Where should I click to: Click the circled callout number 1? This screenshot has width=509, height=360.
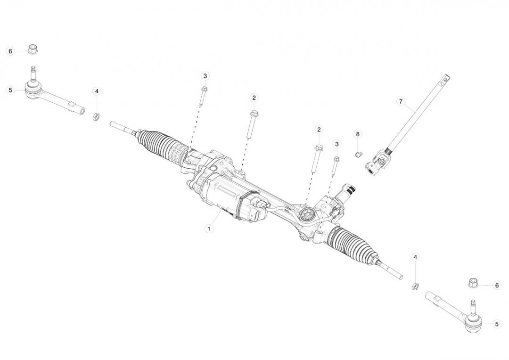209,229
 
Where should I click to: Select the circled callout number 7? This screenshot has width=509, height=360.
401,102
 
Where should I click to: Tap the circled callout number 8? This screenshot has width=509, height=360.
358,134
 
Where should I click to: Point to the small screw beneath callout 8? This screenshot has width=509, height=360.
358,154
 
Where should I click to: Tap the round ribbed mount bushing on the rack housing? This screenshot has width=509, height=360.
305,215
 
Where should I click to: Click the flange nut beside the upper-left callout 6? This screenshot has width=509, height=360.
33,49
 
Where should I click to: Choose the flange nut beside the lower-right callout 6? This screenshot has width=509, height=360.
474,283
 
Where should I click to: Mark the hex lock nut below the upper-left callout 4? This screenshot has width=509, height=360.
96,116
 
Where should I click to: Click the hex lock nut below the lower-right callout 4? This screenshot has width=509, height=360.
415,286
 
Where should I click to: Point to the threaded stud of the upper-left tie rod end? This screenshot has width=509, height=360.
33,73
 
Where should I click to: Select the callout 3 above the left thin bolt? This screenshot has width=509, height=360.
205,76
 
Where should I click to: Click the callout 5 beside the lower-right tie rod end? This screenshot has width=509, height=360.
496,324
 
